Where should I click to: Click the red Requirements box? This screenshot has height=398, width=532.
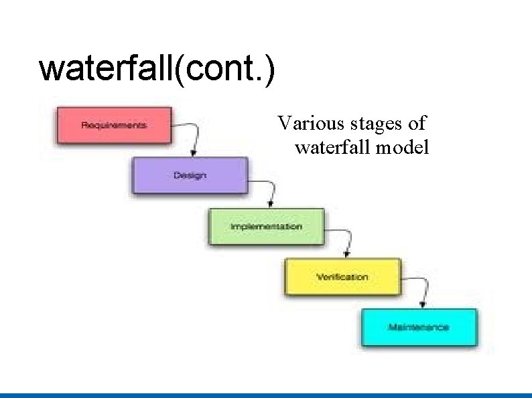[114, 125]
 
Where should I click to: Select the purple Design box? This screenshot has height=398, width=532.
[190, 175]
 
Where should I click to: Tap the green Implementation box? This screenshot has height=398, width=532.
[266, 227]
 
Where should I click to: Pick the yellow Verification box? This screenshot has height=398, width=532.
[342, 277]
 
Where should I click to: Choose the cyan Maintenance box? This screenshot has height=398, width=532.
[419, 327]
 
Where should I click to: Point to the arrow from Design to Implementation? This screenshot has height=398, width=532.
[268, 189]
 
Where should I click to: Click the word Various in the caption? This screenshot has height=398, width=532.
[306, 124]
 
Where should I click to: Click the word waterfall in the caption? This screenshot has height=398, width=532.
[333, 147]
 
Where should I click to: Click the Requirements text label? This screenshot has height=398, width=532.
[113, 125]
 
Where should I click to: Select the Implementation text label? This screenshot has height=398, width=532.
[266, 227]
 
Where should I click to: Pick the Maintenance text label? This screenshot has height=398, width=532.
[418, 327]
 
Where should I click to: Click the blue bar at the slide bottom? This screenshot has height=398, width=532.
[266, 395]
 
